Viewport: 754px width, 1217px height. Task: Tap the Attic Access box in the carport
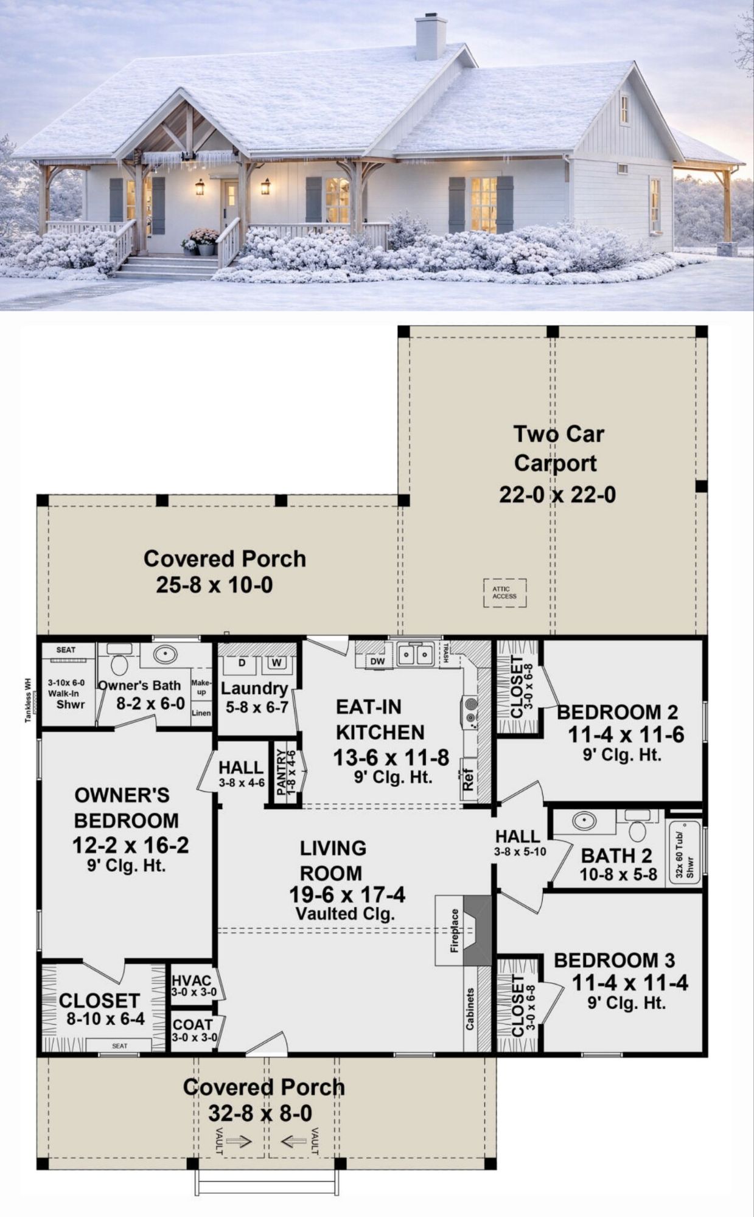click(504, 593)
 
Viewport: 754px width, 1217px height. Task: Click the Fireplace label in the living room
click(454, 930)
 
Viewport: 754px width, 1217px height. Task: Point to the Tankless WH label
click(27, 700)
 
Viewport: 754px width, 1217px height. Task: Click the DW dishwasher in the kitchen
click(377, 661)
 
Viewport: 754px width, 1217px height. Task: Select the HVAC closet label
click(192, 980)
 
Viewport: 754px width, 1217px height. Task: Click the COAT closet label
click(193, 1025)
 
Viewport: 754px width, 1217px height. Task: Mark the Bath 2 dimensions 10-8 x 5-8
click(618, 875)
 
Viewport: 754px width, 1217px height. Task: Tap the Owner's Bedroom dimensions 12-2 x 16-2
click(130, 845)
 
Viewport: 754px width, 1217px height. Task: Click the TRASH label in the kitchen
click(446, 654)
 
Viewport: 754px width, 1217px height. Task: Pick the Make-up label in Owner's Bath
click(201, 688)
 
